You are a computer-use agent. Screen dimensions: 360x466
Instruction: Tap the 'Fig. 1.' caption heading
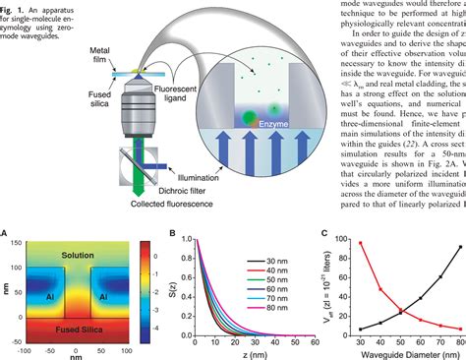pos(14,5)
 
